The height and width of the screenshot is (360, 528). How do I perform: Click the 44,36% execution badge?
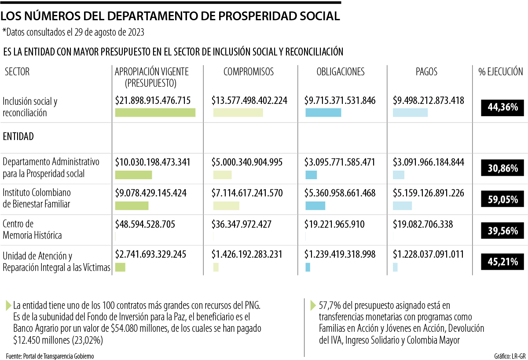pos(502,107)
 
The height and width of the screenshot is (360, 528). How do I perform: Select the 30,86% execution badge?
pos(502,168)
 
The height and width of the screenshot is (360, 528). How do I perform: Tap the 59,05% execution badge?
pos(502,198)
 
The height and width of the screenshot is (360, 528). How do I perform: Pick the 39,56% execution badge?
pos(502,229)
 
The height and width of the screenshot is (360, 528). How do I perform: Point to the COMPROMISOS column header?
pos(248,72)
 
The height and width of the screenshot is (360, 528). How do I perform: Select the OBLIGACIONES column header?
pos(341,72)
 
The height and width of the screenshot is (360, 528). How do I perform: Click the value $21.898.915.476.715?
pos(153,101)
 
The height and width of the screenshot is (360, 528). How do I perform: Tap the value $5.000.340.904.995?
pos(247,162)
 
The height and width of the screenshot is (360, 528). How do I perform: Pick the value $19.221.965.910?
pos(334,224)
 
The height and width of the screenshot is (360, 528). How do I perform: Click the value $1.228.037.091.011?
pos(428,254)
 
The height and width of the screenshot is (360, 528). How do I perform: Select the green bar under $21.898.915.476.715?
pos(155,113)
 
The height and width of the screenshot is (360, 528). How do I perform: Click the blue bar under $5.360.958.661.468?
pos(315,206)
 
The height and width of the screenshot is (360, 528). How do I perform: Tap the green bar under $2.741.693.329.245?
pos(120,267)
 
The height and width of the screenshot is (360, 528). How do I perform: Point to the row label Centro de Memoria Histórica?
pos(32,230)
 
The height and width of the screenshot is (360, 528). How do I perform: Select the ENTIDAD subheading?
pos(18,136)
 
